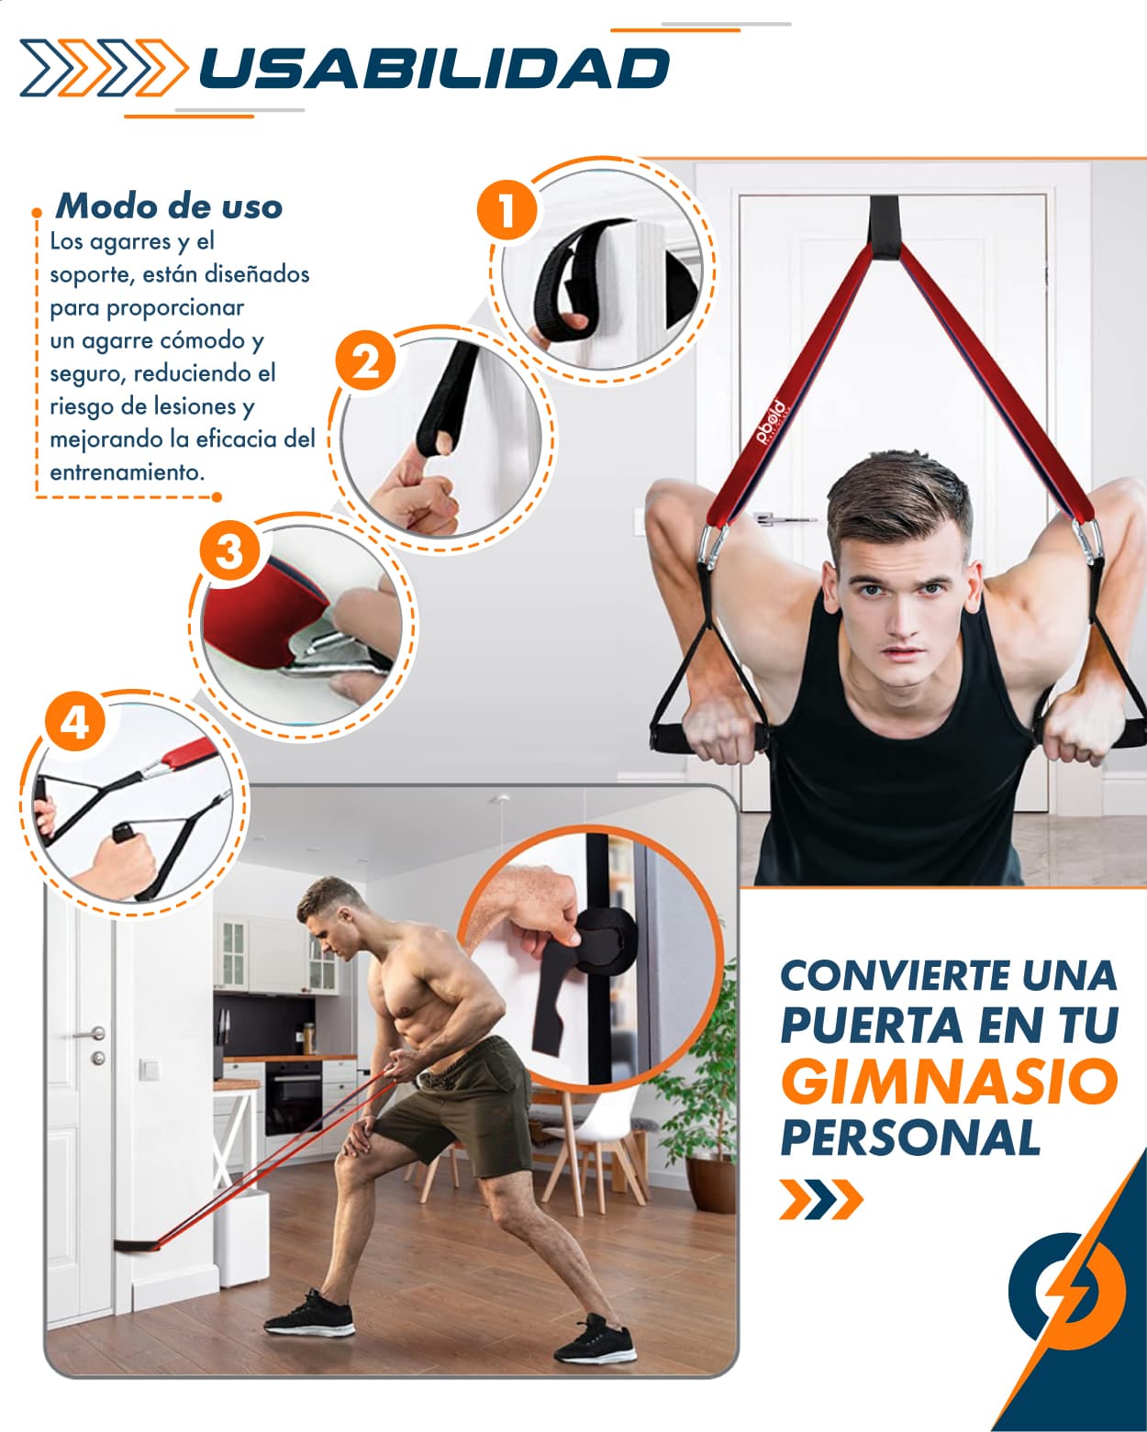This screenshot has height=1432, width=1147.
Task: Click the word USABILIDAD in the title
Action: pyautogui.click(x=434, y=69)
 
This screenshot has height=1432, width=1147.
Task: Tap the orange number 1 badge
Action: pyautogui.click(x=507, y=210)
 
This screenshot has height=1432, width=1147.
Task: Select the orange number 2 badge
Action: pyautogui.click(x=365, y=361)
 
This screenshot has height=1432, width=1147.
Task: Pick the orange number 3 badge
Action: pyautogui.click(x=229, y=550)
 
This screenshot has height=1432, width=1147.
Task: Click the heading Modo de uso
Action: pyautogui.click(x=169, y=205)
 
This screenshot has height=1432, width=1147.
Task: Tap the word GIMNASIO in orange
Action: pyautogui.click(x=950, y=1082)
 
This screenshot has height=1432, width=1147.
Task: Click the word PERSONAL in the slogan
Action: pyautogui.click(x=910, y=1138)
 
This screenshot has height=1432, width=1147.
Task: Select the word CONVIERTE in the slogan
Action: pyautogui.click(x=896, y=975)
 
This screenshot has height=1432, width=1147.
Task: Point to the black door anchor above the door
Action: pyautogui.click(x=885, y=227)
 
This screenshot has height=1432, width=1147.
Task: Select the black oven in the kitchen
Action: pyautogui.click(x=294, y=1097)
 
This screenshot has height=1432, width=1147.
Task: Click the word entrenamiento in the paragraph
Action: pyautogui.click(x=128, y=472)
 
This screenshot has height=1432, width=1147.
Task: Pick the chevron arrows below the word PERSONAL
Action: pyautogui.click(x=821, y=1199)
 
